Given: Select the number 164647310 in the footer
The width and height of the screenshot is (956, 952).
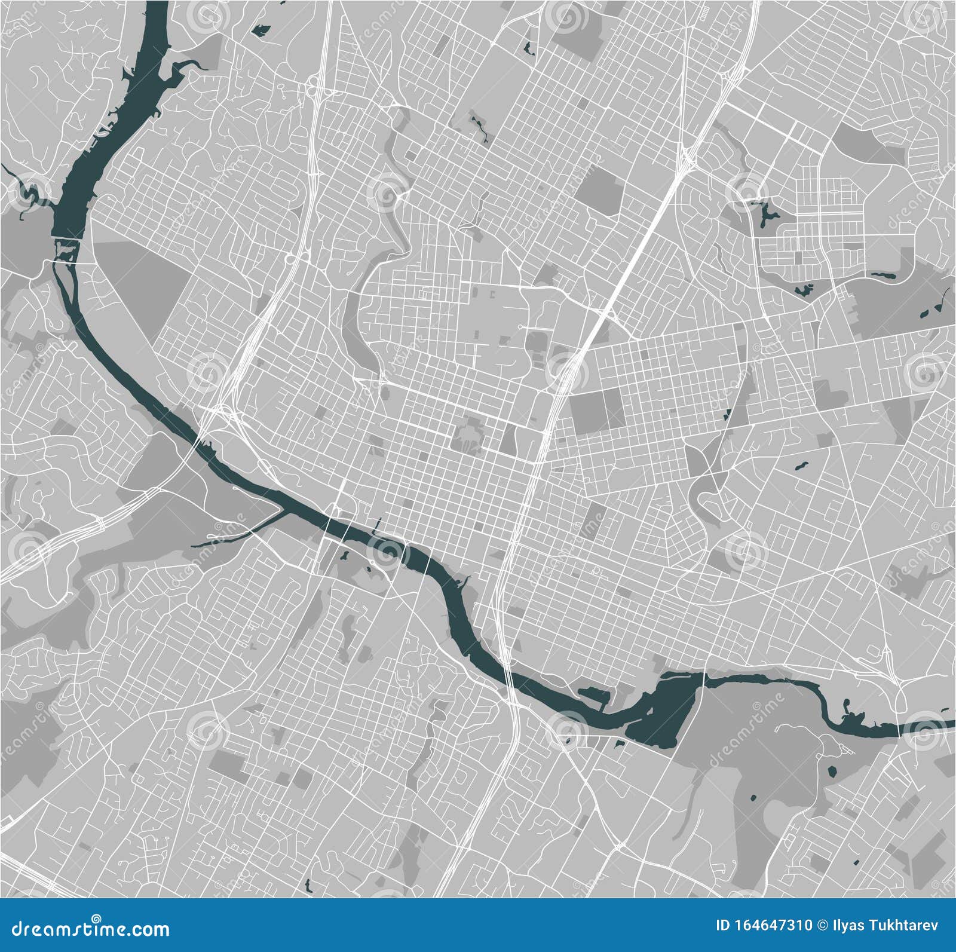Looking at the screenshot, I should click(770, 926).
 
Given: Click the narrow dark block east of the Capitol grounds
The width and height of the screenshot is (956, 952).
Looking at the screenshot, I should click(508, 439).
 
